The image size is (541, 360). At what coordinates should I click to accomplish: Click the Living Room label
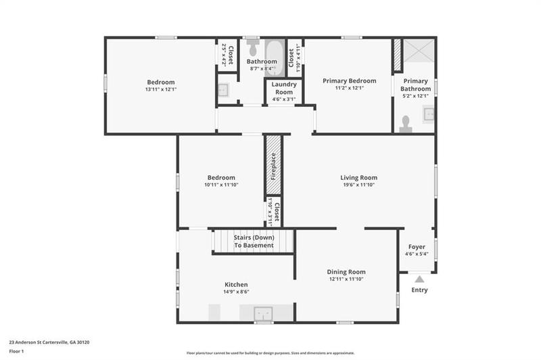point(358,178)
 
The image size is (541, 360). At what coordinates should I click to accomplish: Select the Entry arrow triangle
point(419,278)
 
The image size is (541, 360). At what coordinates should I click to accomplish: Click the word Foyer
point(416,247)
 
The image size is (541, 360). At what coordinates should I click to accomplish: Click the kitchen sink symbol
point(262,313)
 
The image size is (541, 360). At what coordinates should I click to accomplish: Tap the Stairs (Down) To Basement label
point(254,242)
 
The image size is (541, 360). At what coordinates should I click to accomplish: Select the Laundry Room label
point(283,88)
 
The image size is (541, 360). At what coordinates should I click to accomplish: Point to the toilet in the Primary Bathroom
point(406,122)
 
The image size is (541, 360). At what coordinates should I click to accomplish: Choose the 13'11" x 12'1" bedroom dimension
point(160,89)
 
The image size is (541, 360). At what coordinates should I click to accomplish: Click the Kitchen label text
point(236,284)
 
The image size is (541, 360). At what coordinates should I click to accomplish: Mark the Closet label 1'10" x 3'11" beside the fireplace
point(273,211)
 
